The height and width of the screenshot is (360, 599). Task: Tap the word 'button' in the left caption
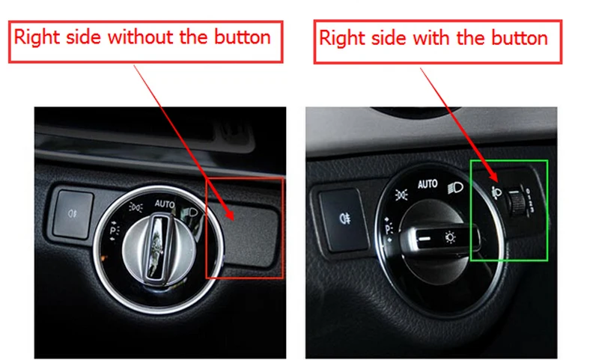240,37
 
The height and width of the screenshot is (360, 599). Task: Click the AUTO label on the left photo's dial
165,203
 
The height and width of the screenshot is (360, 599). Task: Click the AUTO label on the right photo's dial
428,184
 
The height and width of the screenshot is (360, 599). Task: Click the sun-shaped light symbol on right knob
451,238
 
